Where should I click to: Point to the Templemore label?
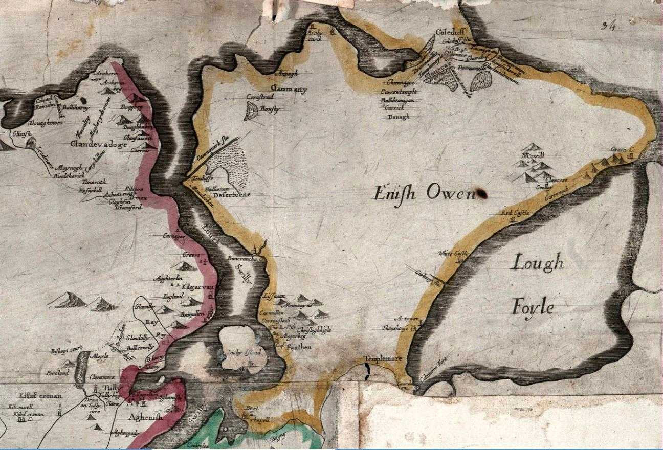tap(383, 359)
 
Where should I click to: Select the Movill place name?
tap(532, 155)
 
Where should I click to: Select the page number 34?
tap(608, 26)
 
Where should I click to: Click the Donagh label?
tap(399, 116)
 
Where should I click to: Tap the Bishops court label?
tap(67, 351)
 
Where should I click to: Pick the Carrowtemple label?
tap(399, 91)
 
